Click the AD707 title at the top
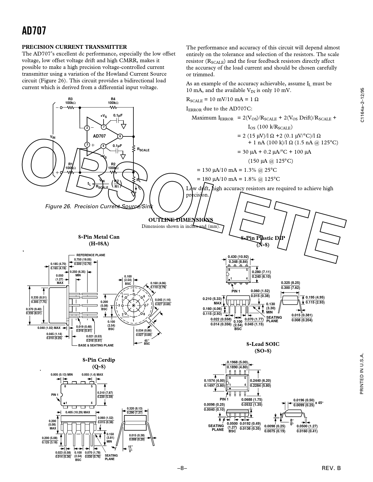34,31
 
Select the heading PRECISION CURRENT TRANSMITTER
75,47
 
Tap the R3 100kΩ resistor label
70,101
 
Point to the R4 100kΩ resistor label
113,101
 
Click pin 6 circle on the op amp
120,136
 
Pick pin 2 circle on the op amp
87,128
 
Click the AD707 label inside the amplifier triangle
99,136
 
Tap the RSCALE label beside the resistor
143,150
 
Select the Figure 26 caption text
99,207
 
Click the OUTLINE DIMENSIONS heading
181,220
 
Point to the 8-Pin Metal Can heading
99,237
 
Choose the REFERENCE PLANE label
91,255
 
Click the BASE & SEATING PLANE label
96,345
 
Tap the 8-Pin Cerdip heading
99,360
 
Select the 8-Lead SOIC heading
263,344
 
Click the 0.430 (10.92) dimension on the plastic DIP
238,257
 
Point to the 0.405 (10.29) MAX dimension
78,412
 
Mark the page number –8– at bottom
182,468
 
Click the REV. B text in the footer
331,468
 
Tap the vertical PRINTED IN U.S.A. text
362,374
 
